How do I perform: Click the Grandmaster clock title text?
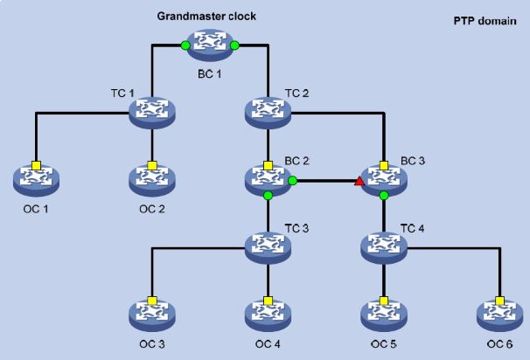pyautogui.click(x=206, y=17)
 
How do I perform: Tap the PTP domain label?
pyautogui.click(x=485, y=21)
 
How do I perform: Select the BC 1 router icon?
pyautogui.click(x=210, y=45)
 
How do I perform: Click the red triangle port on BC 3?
pyautogui.click(x=359, y=182)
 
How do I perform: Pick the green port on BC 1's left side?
pyautogui.click(x=185, y=45)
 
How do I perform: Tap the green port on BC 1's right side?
pyautogui.click(x=234, y=45)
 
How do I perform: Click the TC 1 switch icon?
pyautogui.click(x=152, y=113)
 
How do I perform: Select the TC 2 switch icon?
pyautogui.click(x=268, y=113)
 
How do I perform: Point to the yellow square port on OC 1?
pyautogui.click(x=36, y=166)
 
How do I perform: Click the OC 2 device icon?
pyautogui.click(x=152, y=181)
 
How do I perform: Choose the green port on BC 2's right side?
pyautogui.click(x=293, y=181)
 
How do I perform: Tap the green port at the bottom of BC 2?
pyautogui.click(x=268, y=196)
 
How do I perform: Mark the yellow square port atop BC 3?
pyautogui.click(x=384, y=165)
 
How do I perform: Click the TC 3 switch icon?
pyautogui.click(x=268, y=248)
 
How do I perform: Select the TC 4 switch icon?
pyautogui.click(x=384, y=248)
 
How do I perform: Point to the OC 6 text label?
pyautogui.click(x=499, y=344)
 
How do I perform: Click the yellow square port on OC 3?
pyautogui.click(x=152, y=301)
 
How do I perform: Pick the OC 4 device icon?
pyautogui.click(x=268, y=315)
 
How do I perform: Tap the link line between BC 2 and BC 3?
pyautogui.click(x=326, y=181)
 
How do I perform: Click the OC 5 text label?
pyautogui.click(x=384, y=344)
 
